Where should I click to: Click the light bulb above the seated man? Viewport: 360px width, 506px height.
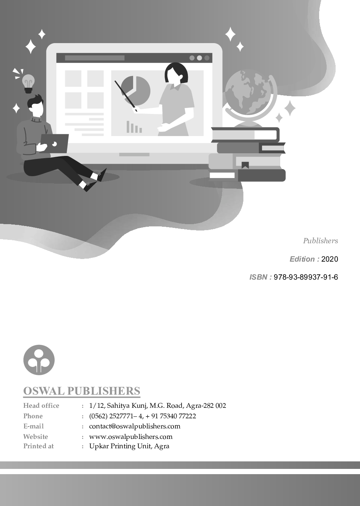coord(28,84)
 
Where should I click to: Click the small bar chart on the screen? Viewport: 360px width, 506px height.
coord(134,127)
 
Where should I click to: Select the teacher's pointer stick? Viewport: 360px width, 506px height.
coord(126,96)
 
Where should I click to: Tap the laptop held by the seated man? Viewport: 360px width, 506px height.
coord(54,143)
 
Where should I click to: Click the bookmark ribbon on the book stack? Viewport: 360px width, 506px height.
coord(245,165)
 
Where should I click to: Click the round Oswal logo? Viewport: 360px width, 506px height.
coord(39,360)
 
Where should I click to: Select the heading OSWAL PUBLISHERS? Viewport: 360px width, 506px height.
coord(82,391)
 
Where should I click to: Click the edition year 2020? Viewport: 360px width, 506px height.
coord(330,259)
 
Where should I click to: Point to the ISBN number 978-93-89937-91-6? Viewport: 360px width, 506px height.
coord(306,277)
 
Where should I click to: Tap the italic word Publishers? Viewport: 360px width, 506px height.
coord(321,241)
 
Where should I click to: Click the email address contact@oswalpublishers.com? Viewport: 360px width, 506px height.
coord(135,426)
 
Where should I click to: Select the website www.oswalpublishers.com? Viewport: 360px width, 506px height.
coord(130,437)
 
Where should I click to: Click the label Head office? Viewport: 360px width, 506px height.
coord(41,406)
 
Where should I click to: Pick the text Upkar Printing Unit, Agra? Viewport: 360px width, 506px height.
coord(129,446)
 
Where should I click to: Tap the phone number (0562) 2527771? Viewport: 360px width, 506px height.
coord(111,416)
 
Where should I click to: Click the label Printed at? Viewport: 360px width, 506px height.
coord(38,446)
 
